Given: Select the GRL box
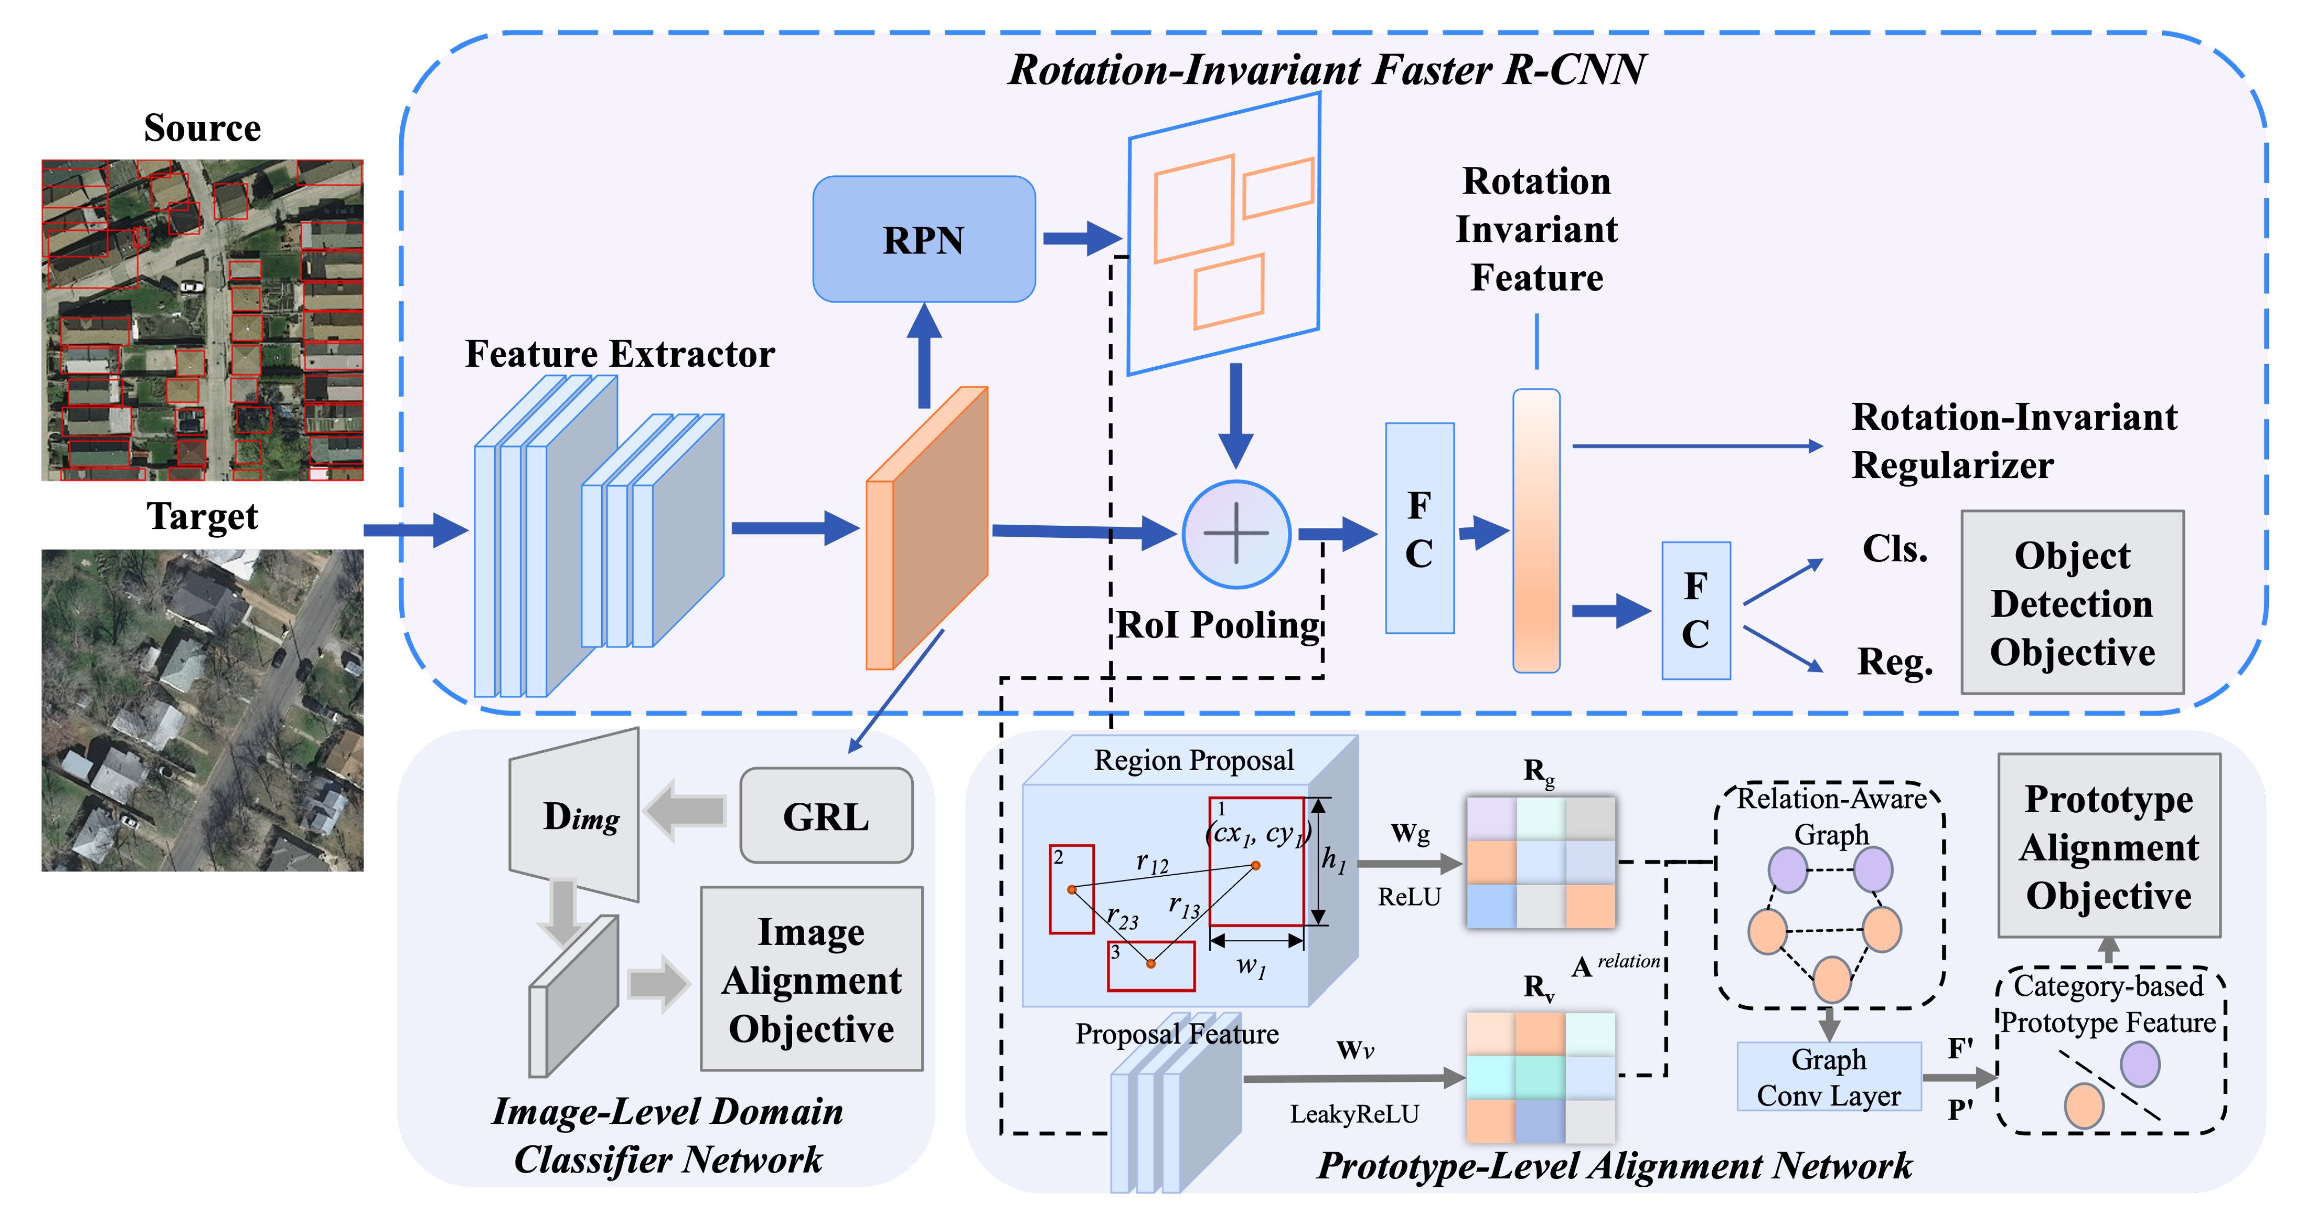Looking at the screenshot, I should (826, 815).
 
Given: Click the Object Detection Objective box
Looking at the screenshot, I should (2072, 602).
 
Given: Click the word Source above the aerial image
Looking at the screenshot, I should (202, 128).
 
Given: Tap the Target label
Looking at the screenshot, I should (202, 516).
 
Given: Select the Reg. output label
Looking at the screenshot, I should (1894, 661).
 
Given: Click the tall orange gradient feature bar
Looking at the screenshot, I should (1536, 530).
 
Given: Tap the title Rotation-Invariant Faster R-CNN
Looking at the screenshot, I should (1327, 70).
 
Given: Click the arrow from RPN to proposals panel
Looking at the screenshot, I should (1081, 238).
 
